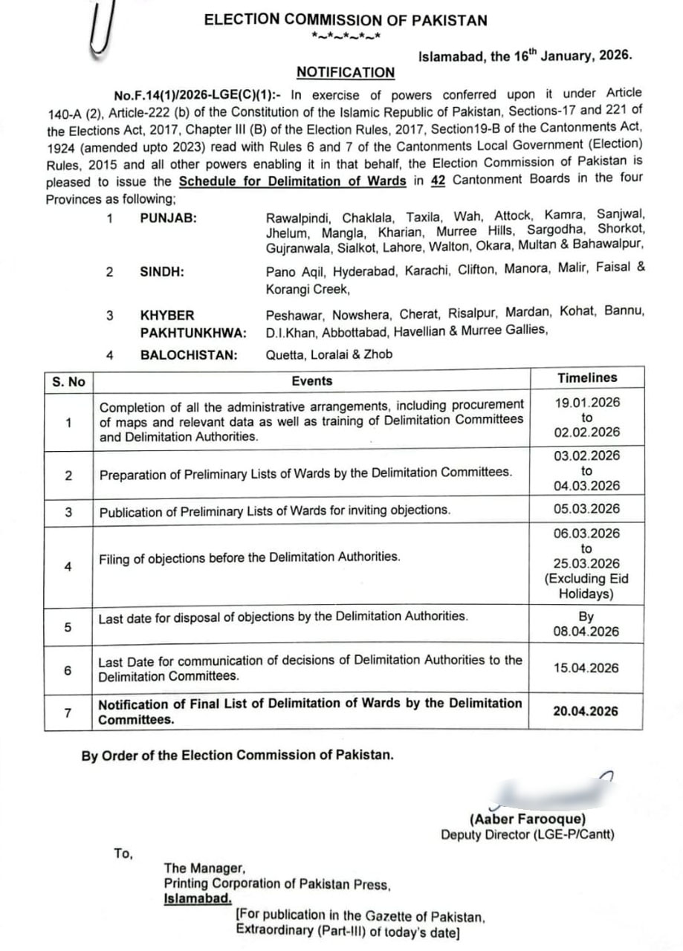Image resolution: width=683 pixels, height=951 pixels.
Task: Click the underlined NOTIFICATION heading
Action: [x=346, y=72]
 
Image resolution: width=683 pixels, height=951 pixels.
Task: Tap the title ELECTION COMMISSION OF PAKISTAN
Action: [x=346, y=21]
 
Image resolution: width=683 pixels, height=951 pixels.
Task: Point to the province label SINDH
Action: [x=162, y=271]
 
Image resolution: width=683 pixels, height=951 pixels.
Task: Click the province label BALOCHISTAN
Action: [x=189, y=355]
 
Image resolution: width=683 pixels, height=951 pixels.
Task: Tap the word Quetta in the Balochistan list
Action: [x=283, y=355]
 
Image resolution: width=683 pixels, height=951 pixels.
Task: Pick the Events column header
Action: [x=311, y=380]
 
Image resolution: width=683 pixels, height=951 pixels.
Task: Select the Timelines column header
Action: [x=587, y=378]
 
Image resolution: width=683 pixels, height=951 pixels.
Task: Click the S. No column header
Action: [x=68, y=382]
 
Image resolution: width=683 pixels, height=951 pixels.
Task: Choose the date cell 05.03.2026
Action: [x=586, y=510]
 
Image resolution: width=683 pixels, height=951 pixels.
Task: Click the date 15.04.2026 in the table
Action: [x=586, y=668]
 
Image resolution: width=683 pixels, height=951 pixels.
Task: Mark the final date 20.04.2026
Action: [x=586, y=711]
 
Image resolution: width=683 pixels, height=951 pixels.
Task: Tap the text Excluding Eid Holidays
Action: [x=586, y=586]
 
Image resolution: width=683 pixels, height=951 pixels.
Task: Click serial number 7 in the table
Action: [x=68, y=713]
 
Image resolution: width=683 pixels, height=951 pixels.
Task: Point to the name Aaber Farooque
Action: [x=528, y=819]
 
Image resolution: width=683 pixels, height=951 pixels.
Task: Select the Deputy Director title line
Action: [x=528, y=834]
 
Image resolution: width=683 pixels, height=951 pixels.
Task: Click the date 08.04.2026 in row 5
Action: [x=586, y=632]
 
